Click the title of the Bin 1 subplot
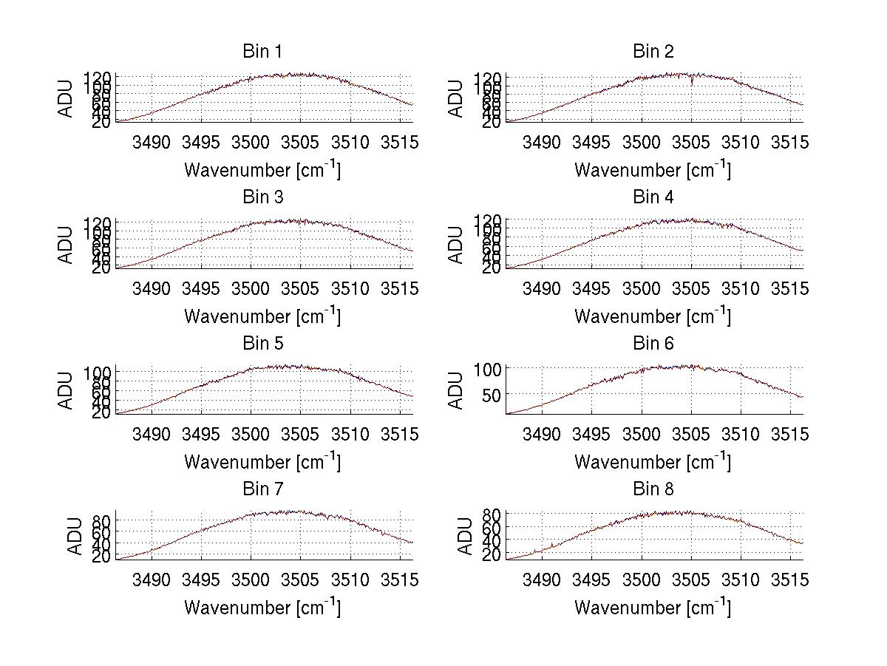pyautogui.click(x=262, y=52)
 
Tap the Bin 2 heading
pyautogui.click(x=653, y=52)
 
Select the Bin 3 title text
pyautogui.click(x=262, y=197)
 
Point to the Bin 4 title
pyautogui.click(x=653, y=197)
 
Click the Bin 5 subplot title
pyautogui.click(x=262, y=344)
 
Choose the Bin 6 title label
pyautogui.click(x=653, y=344)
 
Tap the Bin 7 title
pyautogui.click(x=262, y=489)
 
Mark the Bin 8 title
pyautogui.click(x=653, y=489)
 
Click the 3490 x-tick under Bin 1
pyautogui.click(x=151, y=142)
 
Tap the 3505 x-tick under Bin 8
pyautogui.click(x=690, y=580)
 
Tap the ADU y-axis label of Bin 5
pyautogui.click(x=67, y=390)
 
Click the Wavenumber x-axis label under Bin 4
pyautogui.click(x=653, y=316)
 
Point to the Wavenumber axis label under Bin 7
pyautogui.click(x=262, y=608)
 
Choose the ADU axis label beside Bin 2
pyautogui.click(x=457, y=98)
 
